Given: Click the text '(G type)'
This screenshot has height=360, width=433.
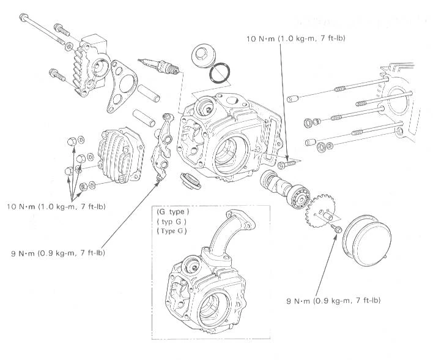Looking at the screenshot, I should pyautogui.click(x=172, y=212).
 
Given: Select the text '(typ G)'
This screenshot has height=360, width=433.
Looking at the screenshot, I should pyautogui.click(x=172, y=221).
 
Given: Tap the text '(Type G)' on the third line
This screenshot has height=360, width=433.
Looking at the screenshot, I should pyautogui.click(x=173, y=231).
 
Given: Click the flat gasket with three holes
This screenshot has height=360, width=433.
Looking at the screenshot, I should pyautogui.click(x=124, y=86).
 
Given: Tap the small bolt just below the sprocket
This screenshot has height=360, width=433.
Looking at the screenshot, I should pyautogui.click(x=336, y=229).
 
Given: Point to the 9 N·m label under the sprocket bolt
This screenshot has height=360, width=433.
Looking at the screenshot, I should pyautogui.click(x=334, y=301).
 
